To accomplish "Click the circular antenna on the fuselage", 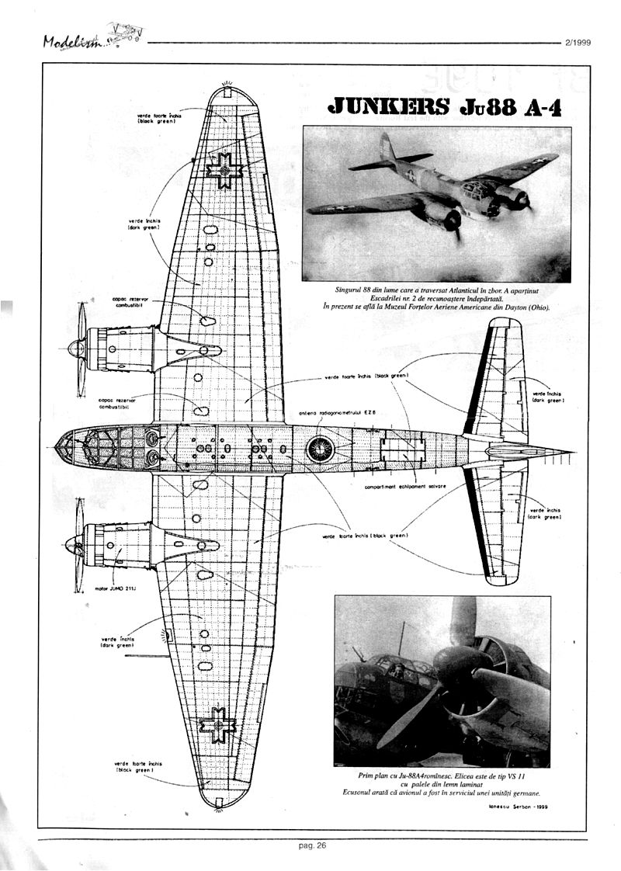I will tap(319, 448).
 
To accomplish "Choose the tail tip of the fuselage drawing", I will tap(571, 451).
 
